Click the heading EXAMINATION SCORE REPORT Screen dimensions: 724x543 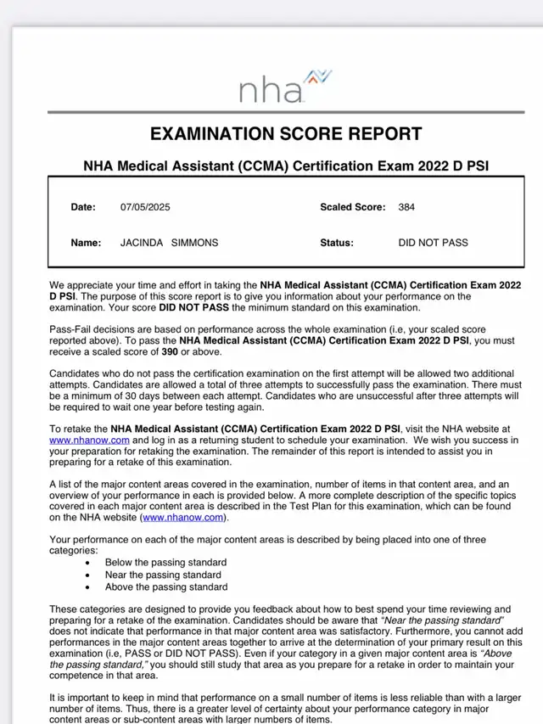286,134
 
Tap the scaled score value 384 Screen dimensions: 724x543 406,207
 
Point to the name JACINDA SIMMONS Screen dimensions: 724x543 169,243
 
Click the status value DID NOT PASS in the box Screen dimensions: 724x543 433,243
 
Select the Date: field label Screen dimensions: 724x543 84,207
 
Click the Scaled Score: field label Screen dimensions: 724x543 352,207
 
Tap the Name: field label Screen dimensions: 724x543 86,243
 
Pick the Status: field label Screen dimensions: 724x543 336,243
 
